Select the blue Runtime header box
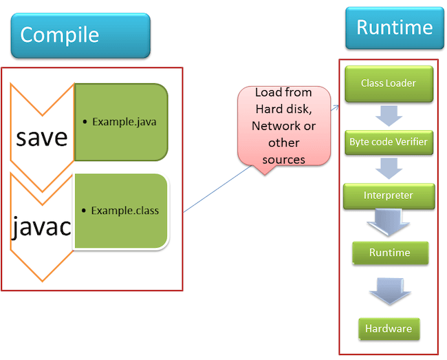pyautogui.click(x=394, y=28)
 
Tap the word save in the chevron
pyautogui.click(x=42, y=136)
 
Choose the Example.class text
pyautogui.click(x=125, y=210)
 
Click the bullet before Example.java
pyautogui.click(x=84, y=123)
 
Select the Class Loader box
pyautogui.click(x=389, y=83)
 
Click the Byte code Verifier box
pyautogui.click(x=389, y=142)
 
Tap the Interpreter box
pyautogui.click(x=389, y=195)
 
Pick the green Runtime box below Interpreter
pyautogui.click(x=389, y=253)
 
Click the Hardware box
pyautogui.click(x=389, y=328)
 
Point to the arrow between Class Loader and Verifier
pyautogui.click(x=389, y=114)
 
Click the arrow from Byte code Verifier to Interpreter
pyautogui.click(x=389, y=168)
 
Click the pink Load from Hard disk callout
pyautogui.click(x=283, y=125)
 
